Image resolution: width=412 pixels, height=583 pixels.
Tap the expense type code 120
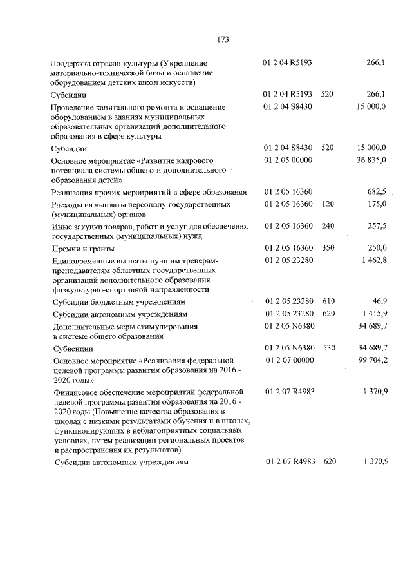click(x=328, y=204)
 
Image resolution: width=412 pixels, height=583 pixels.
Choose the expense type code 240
click(x=328, y=226)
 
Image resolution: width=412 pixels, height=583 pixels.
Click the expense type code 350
click(x=328, y=248)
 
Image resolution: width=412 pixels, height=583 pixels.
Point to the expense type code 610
click(x=328, y=301)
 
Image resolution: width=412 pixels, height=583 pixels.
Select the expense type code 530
click(x=328, y=348)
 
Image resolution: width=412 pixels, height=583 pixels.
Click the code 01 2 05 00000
click(x=288, y=159)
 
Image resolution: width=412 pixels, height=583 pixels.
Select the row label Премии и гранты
click(x=83, y=249)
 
